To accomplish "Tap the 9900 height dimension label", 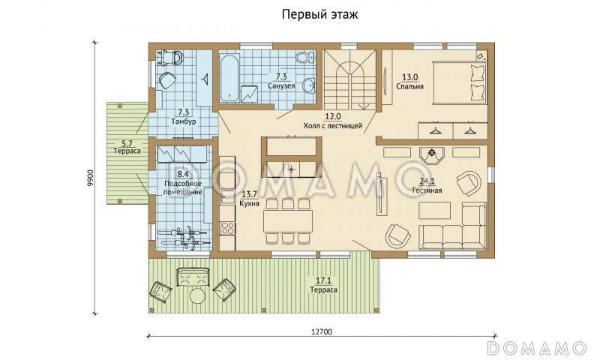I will [x=90, y=178].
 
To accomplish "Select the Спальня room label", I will [x=409, y=85].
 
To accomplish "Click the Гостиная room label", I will [x=426, y=190].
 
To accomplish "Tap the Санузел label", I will [x=280, y=85].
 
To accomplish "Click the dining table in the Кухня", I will [x=288, y=220].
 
